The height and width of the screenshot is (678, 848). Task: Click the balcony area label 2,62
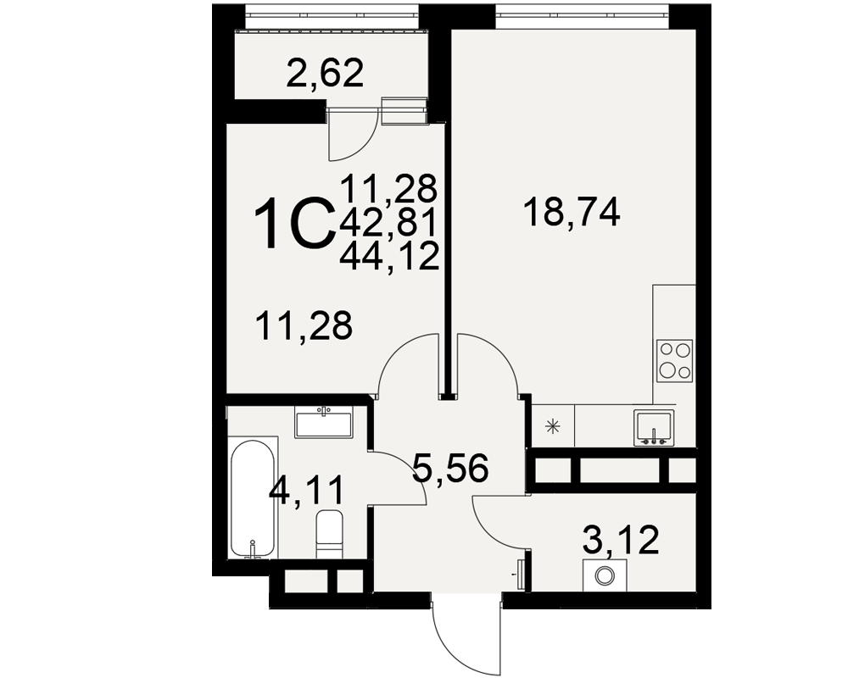pos(325,74)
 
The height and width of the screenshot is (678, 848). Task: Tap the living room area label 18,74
pos(572,213)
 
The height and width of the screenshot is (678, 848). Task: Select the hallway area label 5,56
pos(450,467)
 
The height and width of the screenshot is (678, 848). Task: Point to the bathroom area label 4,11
pos(306,491)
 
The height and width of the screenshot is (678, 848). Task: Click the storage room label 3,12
pos(621,540)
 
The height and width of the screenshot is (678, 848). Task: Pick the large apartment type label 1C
pos(293,222)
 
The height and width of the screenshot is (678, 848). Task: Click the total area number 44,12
pos(389,256)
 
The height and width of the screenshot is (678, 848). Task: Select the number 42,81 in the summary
pos(388,222)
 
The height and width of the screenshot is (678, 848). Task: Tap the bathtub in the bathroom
pos(252,498)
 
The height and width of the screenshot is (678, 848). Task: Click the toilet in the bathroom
pos(329,534)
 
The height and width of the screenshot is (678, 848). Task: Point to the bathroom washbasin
pos(323,422)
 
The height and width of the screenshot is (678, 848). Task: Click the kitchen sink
pos(655,428)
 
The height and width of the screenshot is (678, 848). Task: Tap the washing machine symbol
pos(605,575)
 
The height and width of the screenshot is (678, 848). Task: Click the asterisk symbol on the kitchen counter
pos(553,427)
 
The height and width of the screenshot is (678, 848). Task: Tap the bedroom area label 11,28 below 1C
pos(305,325)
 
